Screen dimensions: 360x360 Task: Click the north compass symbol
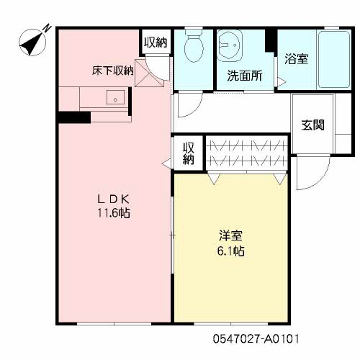click(32, 42)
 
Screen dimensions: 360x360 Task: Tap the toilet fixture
click(194, 45)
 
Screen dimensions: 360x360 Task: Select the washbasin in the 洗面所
click(230, 45)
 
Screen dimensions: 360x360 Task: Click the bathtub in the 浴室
click(334, 60)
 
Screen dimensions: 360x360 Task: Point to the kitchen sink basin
click(115, 97)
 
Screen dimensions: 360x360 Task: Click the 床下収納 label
click(113, 71)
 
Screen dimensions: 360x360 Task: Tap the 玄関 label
click(312, 125)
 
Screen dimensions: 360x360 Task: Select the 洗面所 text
click(245, 76)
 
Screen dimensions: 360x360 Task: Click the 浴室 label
click(297, 59)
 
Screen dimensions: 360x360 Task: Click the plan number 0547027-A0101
click(256, 339)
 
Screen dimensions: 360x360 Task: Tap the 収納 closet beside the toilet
click(156, 42)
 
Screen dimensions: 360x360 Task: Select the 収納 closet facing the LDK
click(189, 153)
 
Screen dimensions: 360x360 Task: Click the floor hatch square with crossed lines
click(149, 73)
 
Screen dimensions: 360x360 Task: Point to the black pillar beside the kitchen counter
click(75, 117)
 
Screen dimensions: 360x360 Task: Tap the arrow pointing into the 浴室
click(282, 81)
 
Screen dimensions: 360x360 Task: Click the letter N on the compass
click(48, 27)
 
